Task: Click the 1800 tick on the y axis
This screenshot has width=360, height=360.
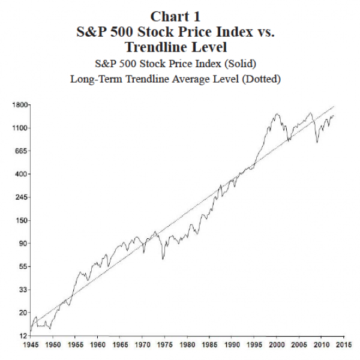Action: pos(19,105)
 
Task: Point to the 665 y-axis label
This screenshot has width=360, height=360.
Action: pos(21,151)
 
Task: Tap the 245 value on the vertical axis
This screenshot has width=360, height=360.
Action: pos(21,197)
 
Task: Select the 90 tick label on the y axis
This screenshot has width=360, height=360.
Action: pos(23,244)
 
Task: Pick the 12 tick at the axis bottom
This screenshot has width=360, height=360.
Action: pos(23,335)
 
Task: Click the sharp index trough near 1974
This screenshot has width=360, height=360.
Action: pos(163,259)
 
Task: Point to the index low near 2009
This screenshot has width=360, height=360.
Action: pos(317,142)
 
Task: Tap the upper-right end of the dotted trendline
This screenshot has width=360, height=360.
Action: pos(334,106)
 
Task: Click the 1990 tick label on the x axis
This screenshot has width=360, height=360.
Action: pos(232,346)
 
